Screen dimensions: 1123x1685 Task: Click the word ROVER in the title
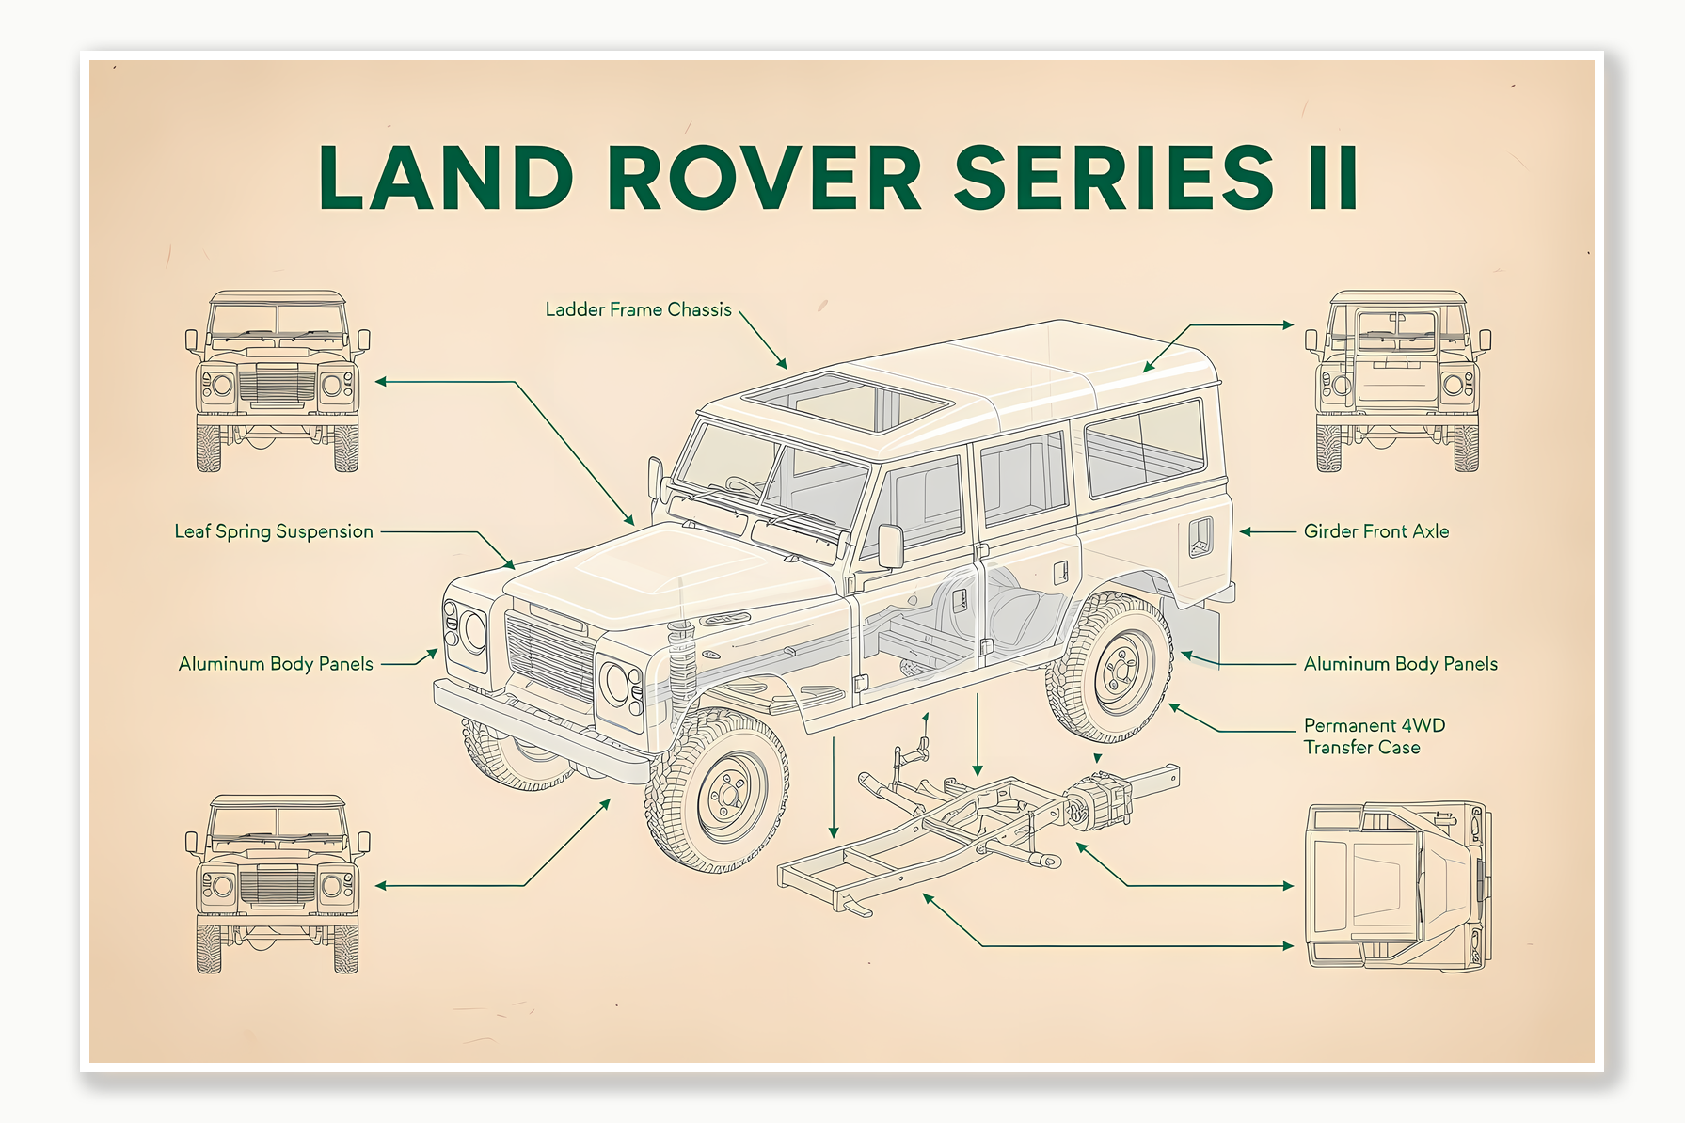click(x=764, y=178)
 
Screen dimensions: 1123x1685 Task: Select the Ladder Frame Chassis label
click(x=638, y=309)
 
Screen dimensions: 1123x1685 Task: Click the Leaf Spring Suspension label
click(x=274, y=531)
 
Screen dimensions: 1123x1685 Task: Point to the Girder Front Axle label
click(x=1375, y=531)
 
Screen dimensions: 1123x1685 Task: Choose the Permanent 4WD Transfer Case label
click(x=1373, y=736)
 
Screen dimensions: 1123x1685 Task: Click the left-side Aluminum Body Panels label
click(x=276, y=664)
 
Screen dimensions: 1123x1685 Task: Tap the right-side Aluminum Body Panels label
click(x=1400, y=664)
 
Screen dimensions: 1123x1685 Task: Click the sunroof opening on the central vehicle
click(x=847, y=402)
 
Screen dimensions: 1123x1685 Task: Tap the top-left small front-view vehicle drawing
click(x=278, y=381)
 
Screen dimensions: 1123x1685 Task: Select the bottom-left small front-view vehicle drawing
click(x=278, y=884)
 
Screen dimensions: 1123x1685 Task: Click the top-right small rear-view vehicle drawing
click(x=1397, y=381)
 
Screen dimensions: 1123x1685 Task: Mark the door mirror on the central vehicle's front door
click(x=889, y=546)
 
